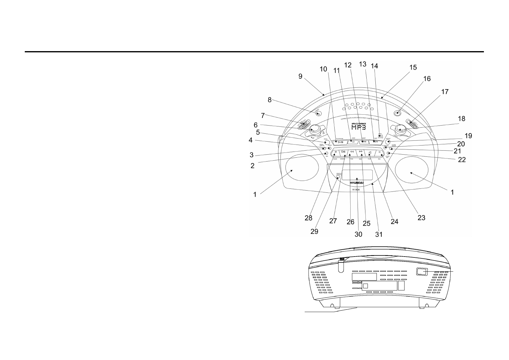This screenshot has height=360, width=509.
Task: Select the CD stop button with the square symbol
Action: click(x=353, y=142)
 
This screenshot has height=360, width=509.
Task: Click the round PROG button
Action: click(x=327, y=142)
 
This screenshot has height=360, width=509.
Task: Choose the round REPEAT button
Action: click(x=388, y=142)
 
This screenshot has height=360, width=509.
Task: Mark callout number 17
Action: click(x=445, y=92)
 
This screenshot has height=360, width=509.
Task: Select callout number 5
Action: click(x=258, y=132)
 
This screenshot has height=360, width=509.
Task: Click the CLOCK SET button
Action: click(x=388, y=154)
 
